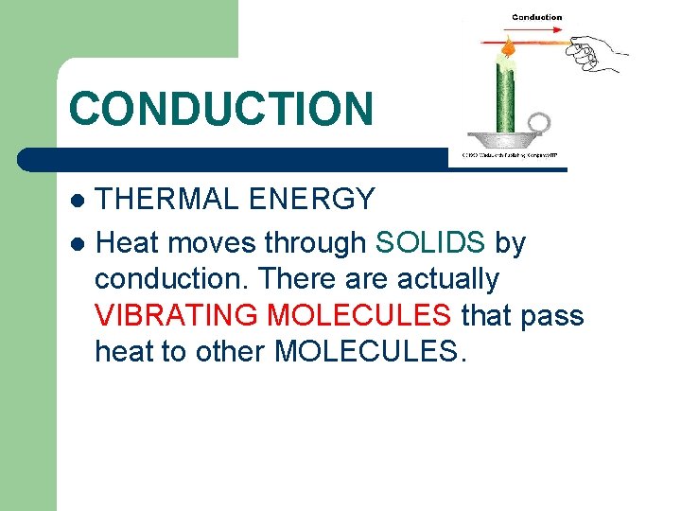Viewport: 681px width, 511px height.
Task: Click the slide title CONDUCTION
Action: tap(221, 108)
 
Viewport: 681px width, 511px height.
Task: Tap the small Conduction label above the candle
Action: tap(536, 17)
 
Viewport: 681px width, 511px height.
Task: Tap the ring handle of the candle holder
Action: tap(540, 123)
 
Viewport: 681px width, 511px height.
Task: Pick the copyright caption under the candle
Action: tap(508, 155)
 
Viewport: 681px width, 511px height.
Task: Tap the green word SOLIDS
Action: tap(430, 243)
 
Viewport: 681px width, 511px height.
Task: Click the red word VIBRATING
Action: tap(176, 315)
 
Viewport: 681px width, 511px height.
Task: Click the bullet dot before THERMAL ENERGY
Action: tap(78, 201)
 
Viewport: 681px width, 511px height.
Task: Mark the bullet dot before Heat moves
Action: tap(78, 244)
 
